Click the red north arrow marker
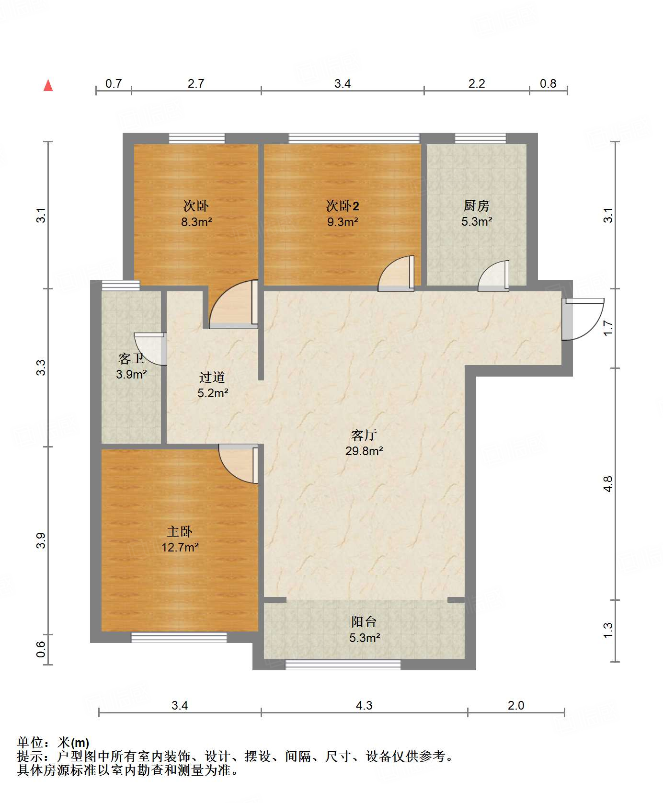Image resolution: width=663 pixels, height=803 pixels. pyautogui.click(x=48, y=85)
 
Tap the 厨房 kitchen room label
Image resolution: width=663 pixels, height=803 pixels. pyautogui.click(x=476, y=206)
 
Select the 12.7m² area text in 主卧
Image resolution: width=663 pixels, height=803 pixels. pyautogui.click(x=180, y=547)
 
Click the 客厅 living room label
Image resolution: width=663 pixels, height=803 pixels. pyautogui.click(x=364, y=435)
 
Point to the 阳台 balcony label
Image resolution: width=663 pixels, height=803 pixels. pyautogui.click(x=364, y=622)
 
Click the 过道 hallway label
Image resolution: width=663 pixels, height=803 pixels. pyautogui.click(x=212, y=378)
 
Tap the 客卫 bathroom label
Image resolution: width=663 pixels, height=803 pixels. pyautogui.click(x=131, y=358)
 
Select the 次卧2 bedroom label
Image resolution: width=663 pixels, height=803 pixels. pyautogui.click(x=342, y=206)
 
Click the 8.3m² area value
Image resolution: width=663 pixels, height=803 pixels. pyautogui.click(x=196, y=222)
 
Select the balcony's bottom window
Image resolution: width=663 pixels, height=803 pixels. pyautogui.click(x=343, y=664)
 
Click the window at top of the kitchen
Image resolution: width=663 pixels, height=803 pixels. pyautogui.click(x=480, y=138)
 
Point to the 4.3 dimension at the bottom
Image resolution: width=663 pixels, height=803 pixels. pyautogui.click(x=364, y=705)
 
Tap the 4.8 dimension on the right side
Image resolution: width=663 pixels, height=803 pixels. pyautogui.click(x=608, y=484)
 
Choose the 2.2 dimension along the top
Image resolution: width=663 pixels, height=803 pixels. pyautogui.click(x=476, y=84)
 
